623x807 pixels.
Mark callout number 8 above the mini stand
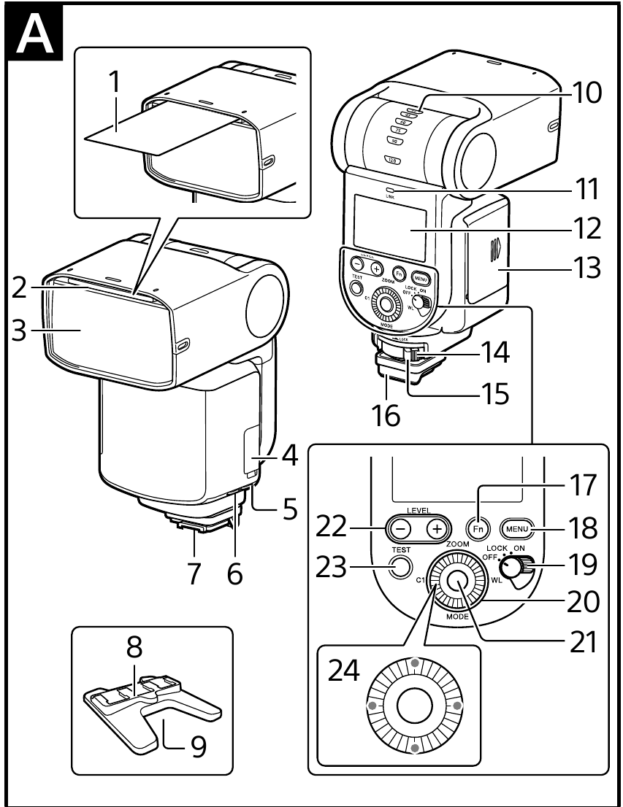click(134, 646)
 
